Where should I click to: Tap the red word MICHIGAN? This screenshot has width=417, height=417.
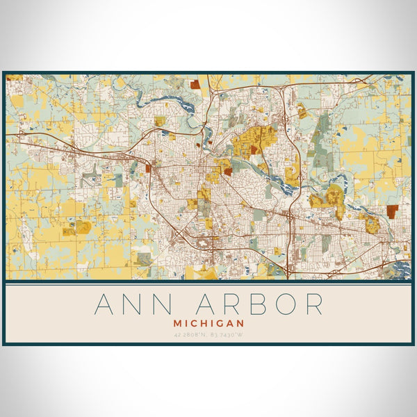click(208, 323)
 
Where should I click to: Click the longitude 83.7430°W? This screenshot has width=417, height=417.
click(228, 335)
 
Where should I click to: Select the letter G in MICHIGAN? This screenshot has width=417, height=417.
click(222, 323)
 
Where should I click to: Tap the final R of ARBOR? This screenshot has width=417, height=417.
click(313, 304)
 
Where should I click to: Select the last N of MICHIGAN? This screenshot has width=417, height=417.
click(240, 323)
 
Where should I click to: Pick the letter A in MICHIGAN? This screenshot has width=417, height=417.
click(231, 323)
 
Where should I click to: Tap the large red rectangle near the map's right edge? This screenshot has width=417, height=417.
click(393, 211)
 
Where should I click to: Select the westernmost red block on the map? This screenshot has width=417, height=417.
click(148, 167)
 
